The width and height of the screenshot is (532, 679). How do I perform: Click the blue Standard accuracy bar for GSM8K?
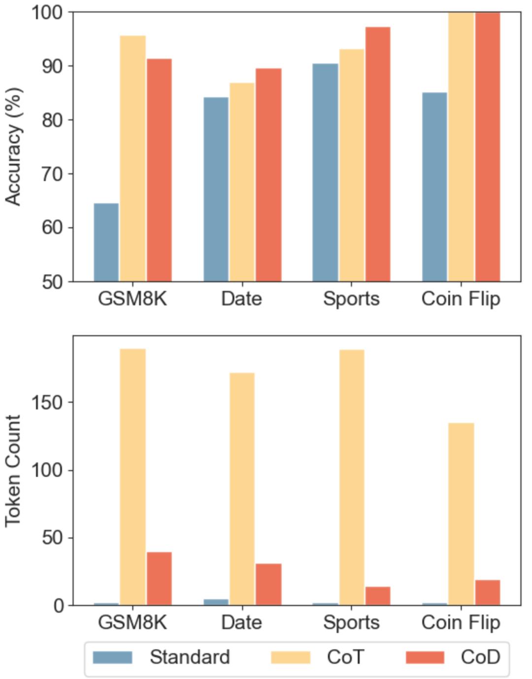(x=106, y=242)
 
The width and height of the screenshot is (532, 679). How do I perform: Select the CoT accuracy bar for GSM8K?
(x=133, y=158)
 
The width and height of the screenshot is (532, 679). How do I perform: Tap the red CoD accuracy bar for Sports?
(x=378, y=154)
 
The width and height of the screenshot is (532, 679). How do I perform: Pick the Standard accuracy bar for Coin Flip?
(x=434, y=187)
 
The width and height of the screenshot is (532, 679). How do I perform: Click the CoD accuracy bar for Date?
(x=268, y=175)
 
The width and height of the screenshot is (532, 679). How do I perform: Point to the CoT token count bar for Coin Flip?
(x=461, y=514)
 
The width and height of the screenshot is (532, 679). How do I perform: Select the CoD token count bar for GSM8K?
(x=159, y=578)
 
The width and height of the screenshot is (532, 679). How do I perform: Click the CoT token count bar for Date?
(x=242, y=489)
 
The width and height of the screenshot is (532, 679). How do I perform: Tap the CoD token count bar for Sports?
(x=378, y=596)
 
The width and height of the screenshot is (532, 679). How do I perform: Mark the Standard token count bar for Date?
(x=216, y=602)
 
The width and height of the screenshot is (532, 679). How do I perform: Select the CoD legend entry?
(x=453, y=657)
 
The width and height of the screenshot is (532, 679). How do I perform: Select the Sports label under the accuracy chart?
(x=351, y=299)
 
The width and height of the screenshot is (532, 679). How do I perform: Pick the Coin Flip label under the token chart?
(x=461, y=622)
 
